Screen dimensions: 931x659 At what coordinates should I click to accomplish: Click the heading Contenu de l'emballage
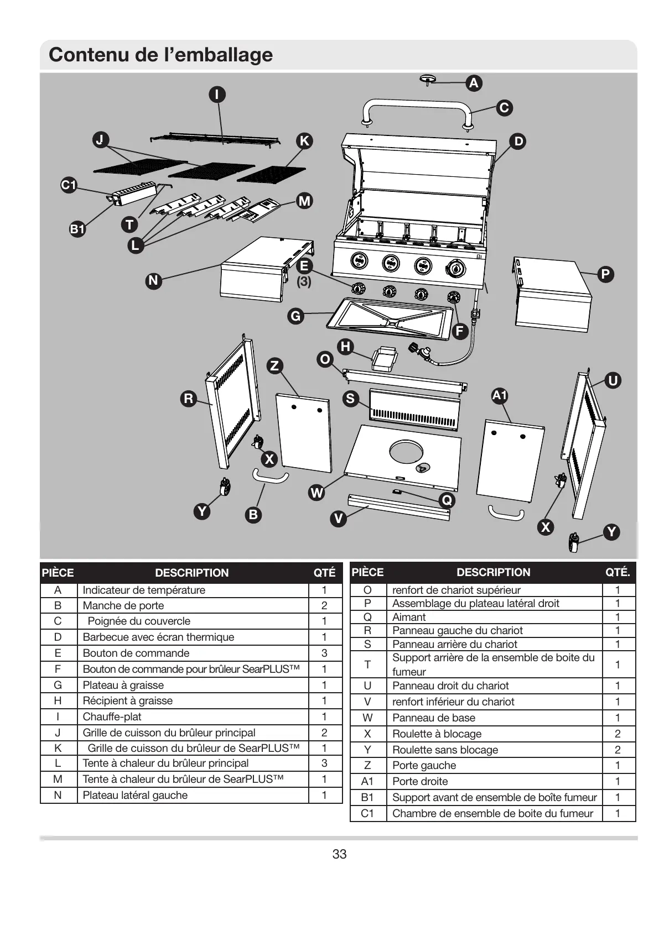coord(160,55)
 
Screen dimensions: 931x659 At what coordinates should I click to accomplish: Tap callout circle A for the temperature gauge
coord(474,83)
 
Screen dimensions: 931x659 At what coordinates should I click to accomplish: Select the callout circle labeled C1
coord(69,185)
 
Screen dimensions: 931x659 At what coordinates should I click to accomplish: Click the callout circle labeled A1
coord(500,395)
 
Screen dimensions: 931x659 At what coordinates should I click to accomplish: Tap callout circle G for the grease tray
coord(296,316)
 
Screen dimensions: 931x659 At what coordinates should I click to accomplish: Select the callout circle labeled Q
coord(447,500)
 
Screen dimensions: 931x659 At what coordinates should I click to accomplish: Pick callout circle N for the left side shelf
coord(153,281)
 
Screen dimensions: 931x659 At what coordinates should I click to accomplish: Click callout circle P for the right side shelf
coord(606,274)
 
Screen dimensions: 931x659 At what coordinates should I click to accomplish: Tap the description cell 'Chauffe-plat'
coord(112,716)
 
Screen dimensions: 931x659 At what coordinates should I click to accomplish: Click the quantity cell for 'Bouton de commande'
coord(324,653)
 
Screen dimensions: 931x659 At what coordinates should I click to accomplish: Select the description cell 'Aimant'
coord(409,617)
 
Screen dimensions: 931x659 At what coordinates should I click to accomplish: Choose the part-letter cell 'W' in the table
coord(367,718)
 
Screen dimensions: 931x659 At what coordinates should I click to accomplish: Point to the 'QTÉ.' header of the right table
coord(618,572)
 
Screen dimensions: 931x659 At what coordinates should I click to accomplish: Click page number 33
coord(339,854)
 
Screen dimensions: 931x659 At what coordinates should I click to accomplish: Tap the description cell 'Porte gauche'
coord(424,765)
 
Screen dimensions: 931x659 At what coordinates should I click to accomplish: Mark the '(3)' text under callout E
coord(304,281)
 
